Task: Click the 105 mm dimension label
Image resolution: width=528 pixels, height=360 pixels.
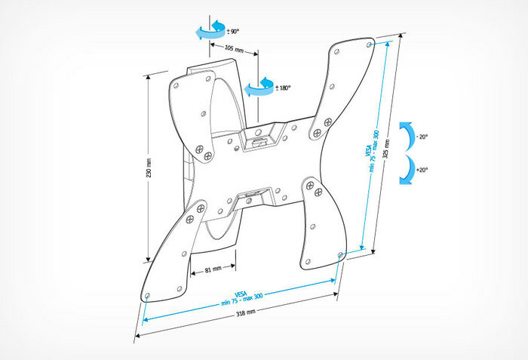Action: tap(234, 49)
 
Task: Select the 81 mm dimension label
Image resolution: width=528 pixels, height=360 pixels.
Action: tap(212, 269)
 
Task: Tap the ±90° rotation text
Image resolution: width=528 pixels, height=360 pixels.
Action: tap(233, 32)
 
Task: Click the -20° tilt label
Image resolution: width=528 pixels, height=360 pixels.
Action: tap(422, 137)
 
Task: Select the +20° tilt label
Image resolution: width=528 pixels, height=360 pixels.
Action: tap(422, 170)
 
